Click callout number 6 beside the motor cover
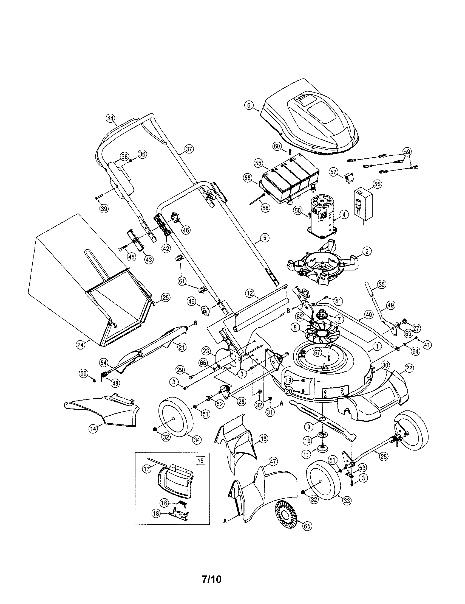coord(248,105)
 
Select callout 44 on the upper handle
coord(110,118)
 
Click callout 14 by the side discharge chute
coord(93,429)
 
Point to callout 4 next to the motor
coord(344,214)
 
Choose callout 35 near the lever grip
coord(382,284)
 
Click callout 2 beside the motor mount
coord(367,251)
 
